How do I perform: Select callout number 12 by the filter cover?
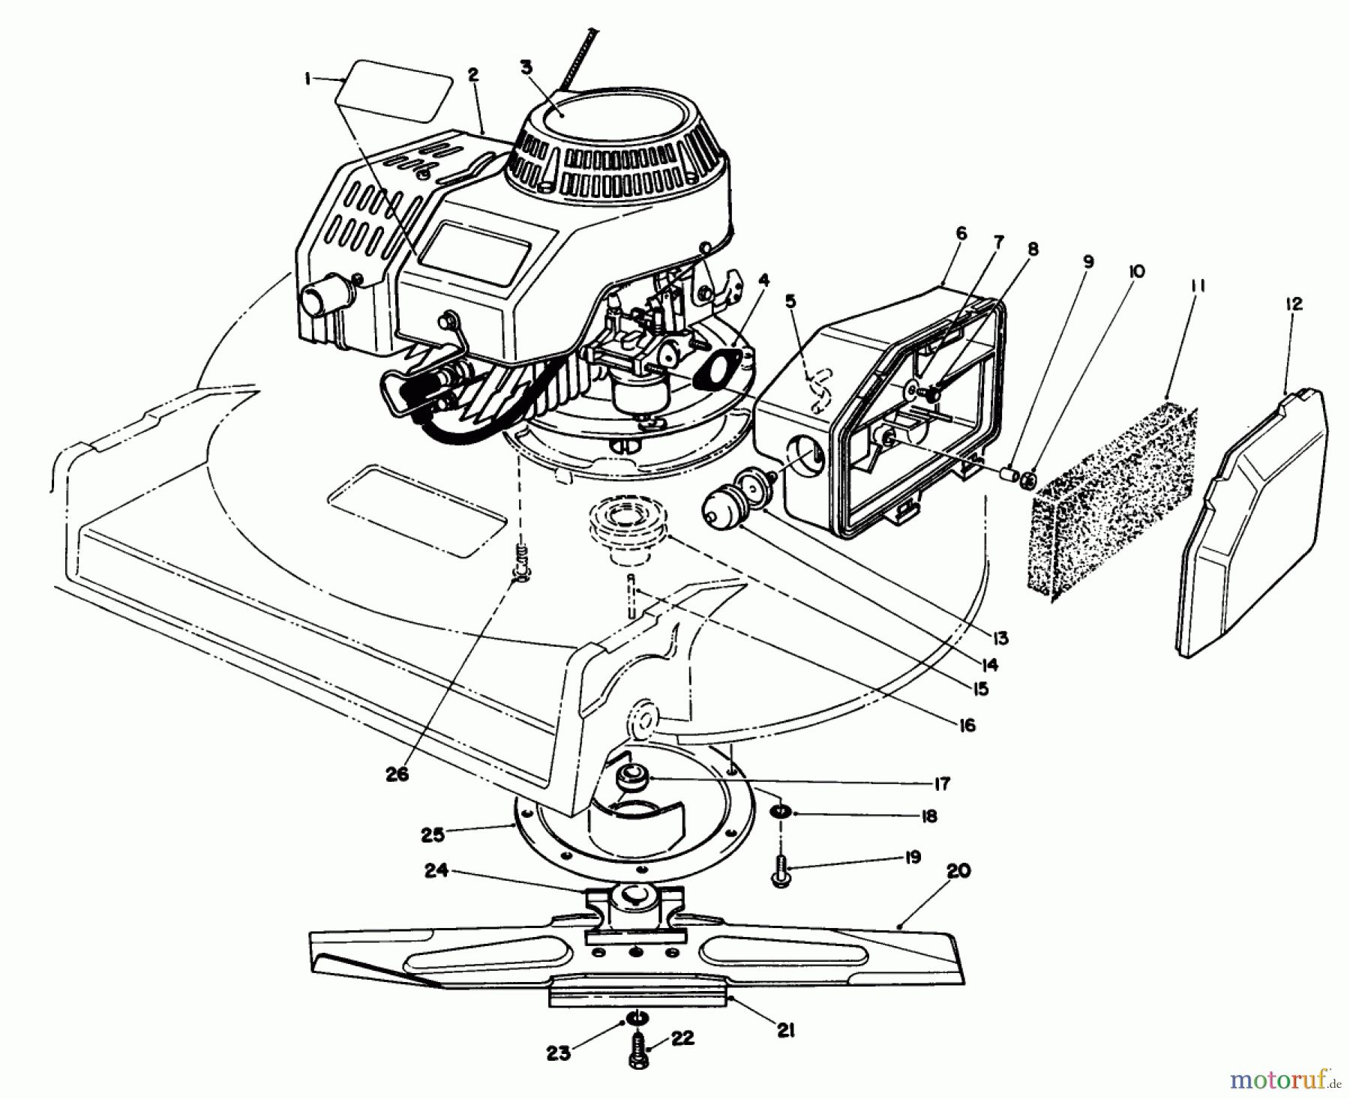1294,304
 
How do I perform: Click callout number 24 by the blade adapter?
437,872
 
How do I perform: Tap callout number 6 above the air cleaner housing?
961,234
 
